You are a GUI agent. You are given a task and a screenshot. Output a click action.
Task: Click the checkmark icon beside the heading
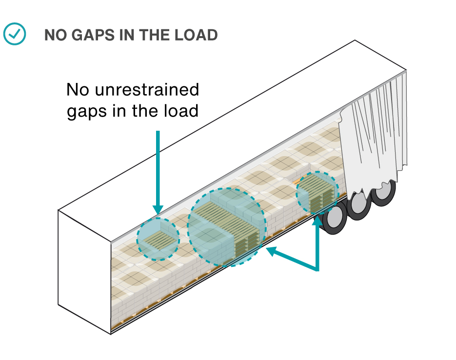pos(14,34)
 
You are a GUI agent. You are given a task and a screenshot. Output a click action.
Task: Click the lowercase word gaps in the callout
pos(86,111)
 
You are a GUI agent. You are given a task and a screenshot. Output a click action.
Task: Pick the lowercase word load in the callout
pos(181,111)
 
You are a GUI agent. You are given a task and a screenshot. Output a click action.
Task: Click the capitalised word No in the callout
pos(79,90)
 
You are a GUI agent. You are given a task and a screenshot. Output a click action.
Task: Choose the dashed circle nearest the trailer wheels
pos(317,193)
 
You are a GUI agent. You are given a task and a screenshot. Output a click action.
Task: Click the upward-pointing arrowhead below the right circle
pos(317,220)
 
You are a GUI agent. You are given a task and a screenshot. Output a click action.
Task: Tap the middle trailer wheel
pos(359,205)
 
